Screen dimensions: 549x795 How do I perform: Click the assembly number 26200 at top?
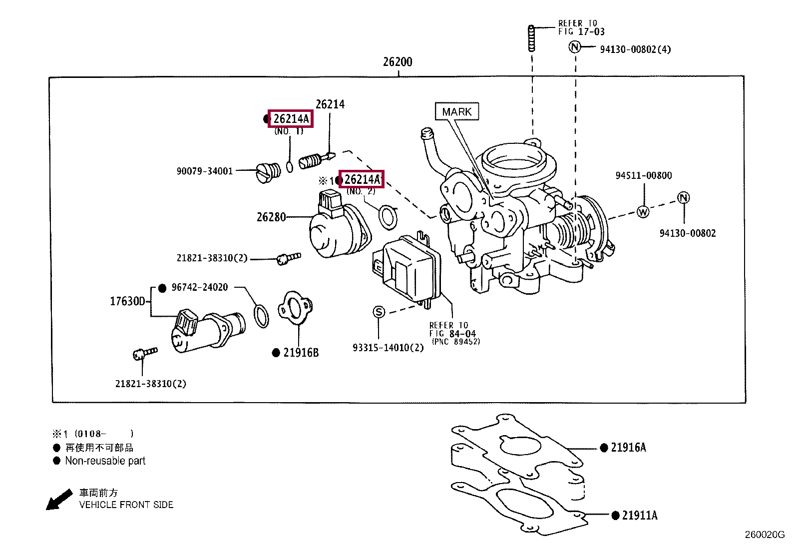tap(397, 62)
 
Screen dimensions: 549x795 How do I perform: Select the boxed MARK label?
tap(456, 111)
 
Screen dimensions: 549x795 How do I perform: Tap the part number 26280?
tap(271, 217)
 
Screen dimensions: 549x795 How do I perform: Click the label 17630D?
tap(128, 301)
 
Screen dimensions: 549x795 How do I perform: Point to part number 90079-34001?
tap(205, 171)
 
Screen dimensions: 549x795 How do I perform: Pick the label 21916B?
tap(301, 353)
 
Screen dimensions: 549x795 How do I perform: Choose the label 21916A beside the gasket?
tap(628, 448)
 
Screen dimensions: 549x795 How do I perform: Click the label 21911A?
tap(640, 515)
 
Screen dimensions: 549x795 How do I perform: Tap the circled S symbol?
tap(379, 312)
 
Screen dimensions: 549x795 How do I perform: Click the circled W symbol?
tap(643, 211)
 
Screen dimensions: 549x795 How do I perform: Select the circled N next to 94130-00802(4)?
tap(575, 47)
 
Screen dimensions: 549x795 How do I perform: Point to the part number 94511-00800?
tap(644, 175)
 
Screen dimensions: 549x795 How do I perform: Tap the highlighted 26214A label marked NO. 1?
tap(291, 119)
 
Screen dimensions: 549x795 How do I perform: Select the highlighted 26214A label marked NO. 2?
tap(362, 179)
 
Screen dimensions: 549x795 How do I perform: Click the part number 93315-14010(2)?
tap(388, 348)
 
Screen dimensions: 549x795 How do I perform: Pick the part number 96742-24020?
tap(200, 287)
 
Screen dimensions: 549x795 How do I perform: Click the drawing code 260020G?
tap(765, 535)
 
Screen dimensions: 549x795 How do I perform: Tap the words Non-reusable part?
tap(105, 461)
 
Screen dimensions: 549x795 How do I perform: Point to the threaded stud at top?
tap(531, 37)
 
